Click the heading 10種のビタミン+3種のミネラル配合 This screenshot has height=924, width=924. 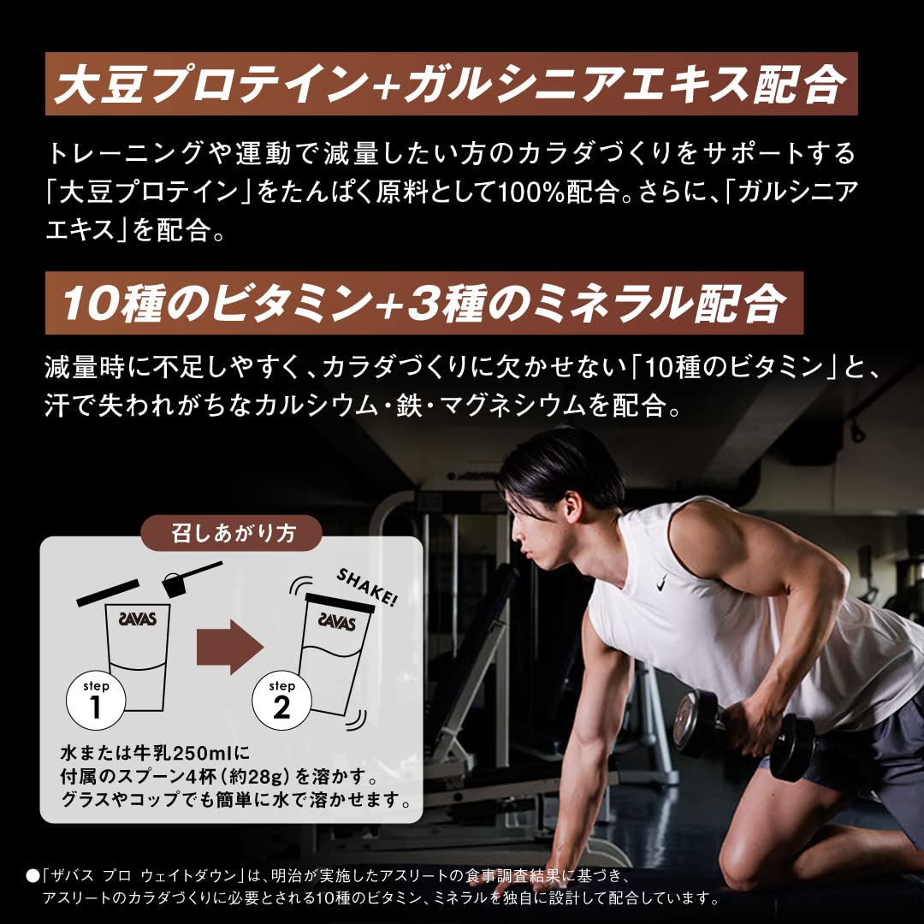point(423,302)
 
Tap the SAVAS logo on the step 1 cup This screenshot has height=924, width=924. point(137,619)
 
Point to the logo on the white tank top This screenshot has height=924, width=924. point(661,584)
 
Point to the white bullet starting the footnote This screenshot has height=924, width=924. point(33,875)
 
